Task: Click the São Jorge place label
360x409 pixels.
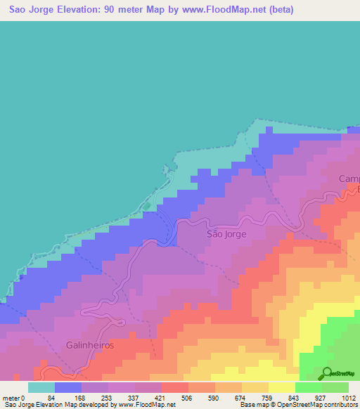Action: (x=226, y=234)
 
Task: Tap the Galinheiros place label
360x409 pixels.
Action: (x=90, y=346)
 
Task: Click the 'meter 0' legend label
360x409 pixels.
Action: (x=14, y=397)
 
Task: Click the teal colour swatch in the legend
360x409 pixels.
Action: (x=41, y=387)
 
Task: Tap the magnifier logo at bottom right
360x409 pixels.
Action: (x=328, y=375)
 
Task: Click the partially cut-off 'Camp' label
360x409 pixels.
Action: (x=349, y=179)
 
